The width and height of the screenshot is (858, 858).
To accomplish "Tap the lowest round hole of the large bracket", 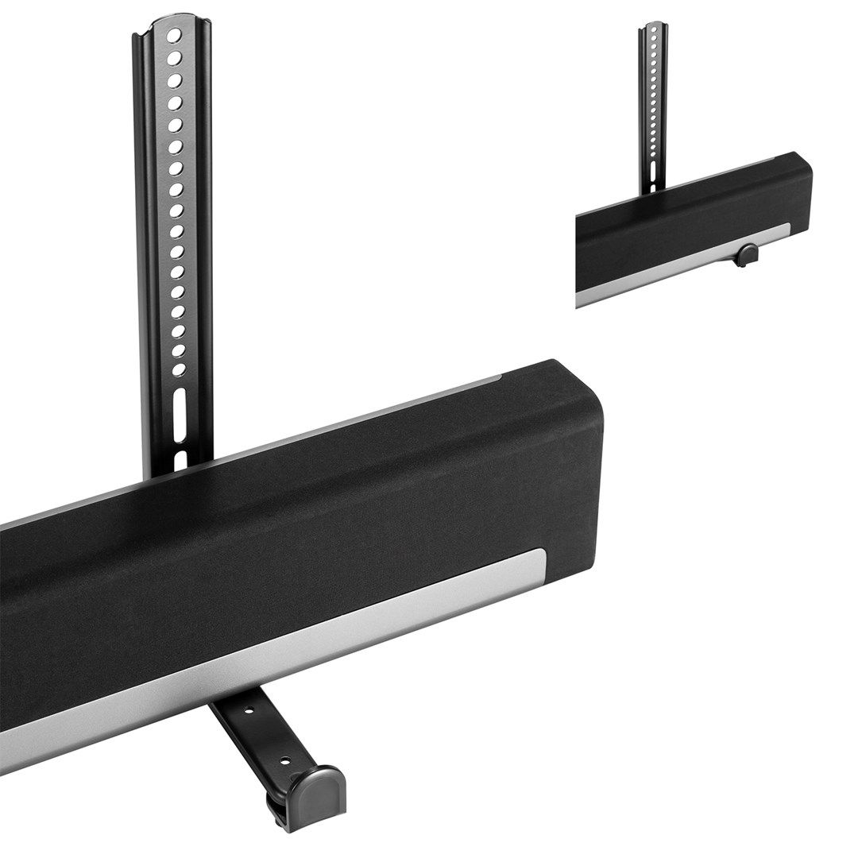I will point(180,368).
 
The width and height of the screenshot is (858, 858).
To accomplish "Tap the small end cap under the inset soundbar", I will point(747,255).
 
